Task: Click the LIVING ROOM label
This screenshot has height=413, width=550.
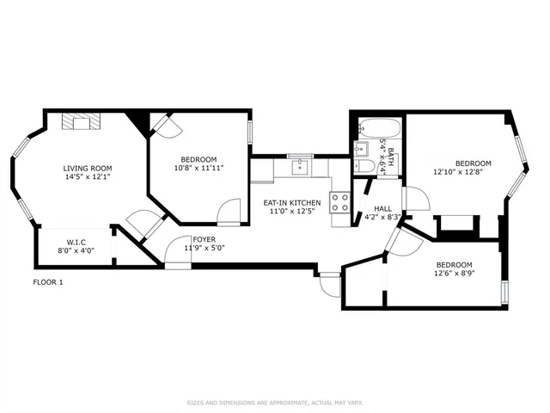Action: click(87, 168)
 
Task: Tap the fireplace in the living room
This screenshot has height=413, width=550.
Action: click(80, 122)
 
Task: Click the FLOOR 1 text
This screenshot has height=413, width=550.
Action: click(48, 282)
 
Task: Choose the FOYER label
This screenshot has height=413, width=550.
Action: click(204, 239)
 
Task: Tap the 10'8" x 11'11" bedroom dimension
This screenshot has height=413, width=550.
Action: click(199, 168)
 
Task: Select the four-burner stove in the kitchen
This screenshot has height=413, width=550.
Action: click(340, 204)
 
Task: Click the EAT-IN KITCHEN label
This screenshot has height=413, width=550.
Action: click(291, 202)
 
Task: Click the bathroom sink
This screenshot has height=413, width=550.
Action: click(363, 147)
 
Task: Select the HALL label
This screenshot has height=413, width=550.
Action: click(382, 207)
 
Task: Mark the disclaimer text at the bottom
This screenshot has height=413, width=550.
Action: click(274, 403)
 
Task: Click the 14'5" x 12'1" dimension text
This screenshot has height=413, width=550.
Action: click(87, 177)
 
